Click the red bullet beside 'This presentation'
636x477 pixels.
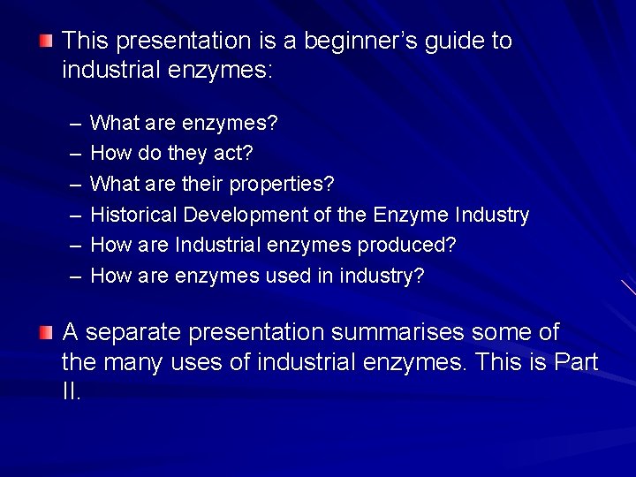[x=46, y=40]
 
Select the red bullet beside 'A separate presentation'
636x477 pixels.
[x=46, y=332]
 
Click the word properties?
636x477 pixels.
[x=282, y=184]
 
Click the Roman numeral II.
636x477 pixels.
[x=71, y=391]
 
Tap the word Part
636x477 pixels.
[x=578, y=361]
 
